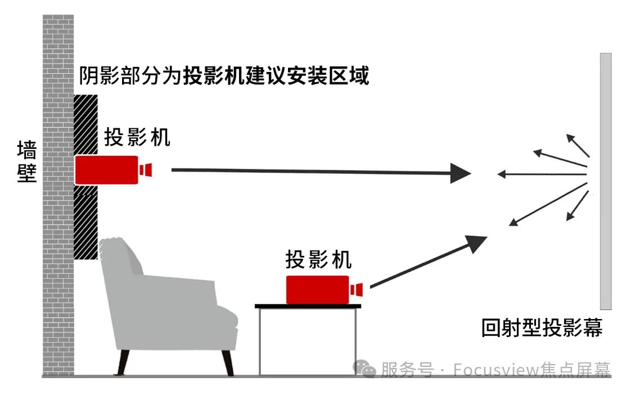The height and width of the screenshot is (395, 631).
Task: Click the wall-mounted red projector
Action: (107, 170)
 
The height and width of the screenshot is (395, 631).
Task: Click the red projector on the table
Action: (317, 290)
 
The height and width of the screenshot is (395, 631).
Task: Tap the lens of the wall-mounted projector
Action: (147, 169)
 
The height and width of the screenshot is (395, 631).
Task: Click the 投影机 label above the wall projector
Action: (137, 137)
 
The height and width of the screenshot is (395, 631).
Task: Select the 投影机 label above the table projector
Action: (319, 260)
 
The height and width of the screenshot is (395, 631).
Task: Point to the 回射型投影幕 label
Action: (542, 328)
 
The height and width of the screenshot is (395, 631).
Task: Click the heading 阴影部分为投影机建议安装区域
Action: (224, 75)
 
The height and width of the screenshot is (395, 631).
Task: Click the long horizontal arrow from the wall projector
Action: (315, 172)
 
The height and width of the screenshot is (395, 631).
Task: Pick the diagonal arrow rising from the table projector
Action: (427, 262)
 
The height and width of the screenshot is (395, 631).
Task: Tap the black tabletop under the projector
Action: (308, 306)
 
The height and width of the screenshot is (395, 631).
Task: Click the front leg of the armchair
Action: (228, 362)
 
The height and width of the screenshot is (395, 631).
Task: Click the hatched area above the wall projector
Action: (86, 124)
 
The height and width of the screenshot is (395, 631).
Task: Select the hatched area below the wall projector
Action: (86, 222)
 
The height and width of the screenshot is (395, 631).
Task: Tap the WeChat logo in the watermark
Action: (365, 369)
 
